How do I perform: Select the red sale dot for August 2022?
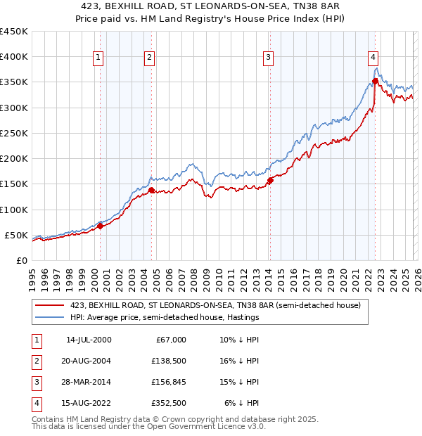pos(376,81)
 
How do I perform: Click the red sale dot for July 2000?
pos(100,226)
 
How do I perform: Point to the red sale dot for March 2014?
pos(270,181)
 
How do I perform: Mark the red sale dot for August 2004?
pos(151,190)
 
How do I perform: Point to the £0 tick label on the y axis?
pos(23,260)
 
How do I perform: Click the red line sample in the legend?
pos(51,305)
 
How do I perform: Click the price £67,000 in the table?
pos(170,340)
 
